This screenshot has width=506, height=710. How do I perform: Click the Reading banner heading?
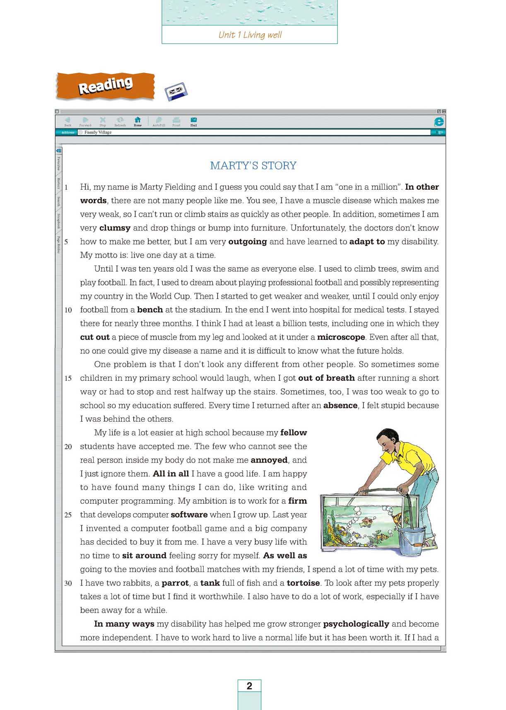[106, 85]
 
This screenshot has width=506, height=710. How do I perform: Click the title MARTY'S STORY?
[253, 166]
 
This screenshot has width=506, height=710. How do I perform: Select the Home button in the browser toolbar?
[137, 121]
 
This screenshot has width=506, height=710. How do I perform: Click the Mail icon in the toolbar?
[193, 121]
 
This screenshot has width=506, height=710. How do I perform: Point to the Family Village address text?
[98, 133]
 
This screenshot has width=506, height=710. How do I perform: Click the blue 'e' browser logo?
[439, 121]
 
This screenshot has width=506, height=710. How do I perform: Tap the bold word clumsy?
[115, 228]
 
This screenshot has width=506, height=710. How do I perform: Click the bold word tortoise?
[303, 583]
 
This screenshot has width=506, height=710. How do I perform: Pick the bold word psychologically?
[356, 624]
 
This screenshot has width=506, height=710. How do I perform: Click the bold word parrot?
[175, 583]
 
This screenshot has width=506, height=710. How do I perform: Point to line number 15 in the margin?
[68, 378]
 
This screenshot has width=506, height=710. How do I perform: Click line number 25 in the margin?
[68, 515]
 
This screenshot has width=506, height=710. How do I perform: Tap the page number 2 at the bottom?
[249, 686]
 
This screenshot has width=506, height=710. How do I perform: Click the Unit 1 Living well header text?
[250, 35]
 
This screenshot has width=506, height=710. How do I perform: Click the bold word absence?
[340, 406]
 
